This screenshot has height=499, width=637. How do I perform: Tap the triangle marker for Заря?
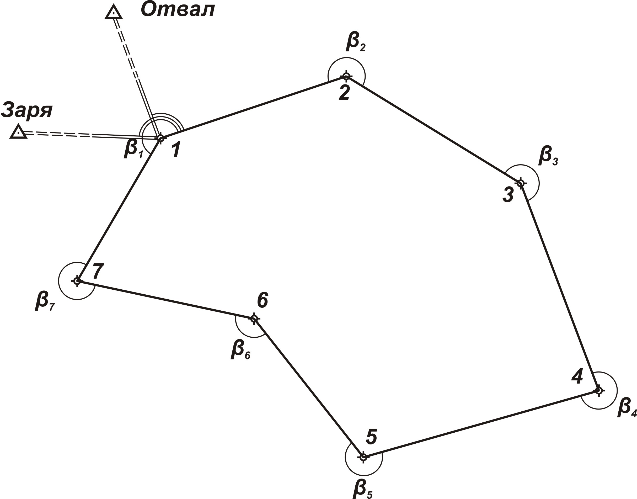click(x=19, y=132)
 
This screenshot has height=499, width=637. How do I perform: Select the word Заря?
click(x=27, y=110)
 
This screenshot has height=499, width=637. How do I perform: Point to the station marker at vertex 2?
click(x=346, y=77)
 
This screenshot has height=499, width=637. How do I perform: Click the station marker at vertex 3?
click(x=520, y=183)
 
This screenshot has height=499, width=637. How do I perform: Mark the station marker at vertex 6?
click(x=254, y=318)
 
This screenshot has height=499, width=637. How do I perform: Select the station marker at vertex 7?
click(x=77, y=281)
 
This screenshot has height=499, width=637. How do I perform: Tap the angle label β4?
click(x=627, y=407)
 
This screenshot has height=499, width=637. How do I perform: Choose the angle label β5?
click(x=362, y=489)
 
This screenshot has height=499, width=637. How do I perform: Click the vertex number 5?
click(x=372, y=437)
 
